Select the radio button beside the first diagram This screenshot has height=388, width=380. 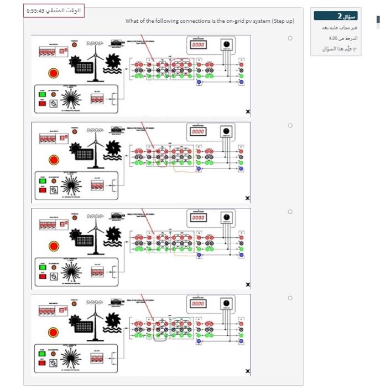(289, 38)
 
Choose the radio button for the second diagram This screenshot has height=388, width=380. (289, 126)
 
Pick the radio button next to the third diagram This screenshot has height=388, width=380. (289, 212)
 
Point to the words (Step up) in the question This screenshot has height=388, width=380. (284, 21)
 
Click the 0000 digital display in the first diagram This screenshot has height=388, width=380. (198, 44)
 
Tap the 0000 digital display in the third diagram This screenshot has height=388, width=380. (198, 218)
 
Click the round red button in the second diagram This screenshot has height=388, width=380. (54, 160)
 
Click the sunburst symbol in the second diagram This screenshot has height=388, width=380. (70, 186)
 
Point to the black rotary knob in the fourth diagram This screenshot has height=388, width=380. (226, 303)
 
